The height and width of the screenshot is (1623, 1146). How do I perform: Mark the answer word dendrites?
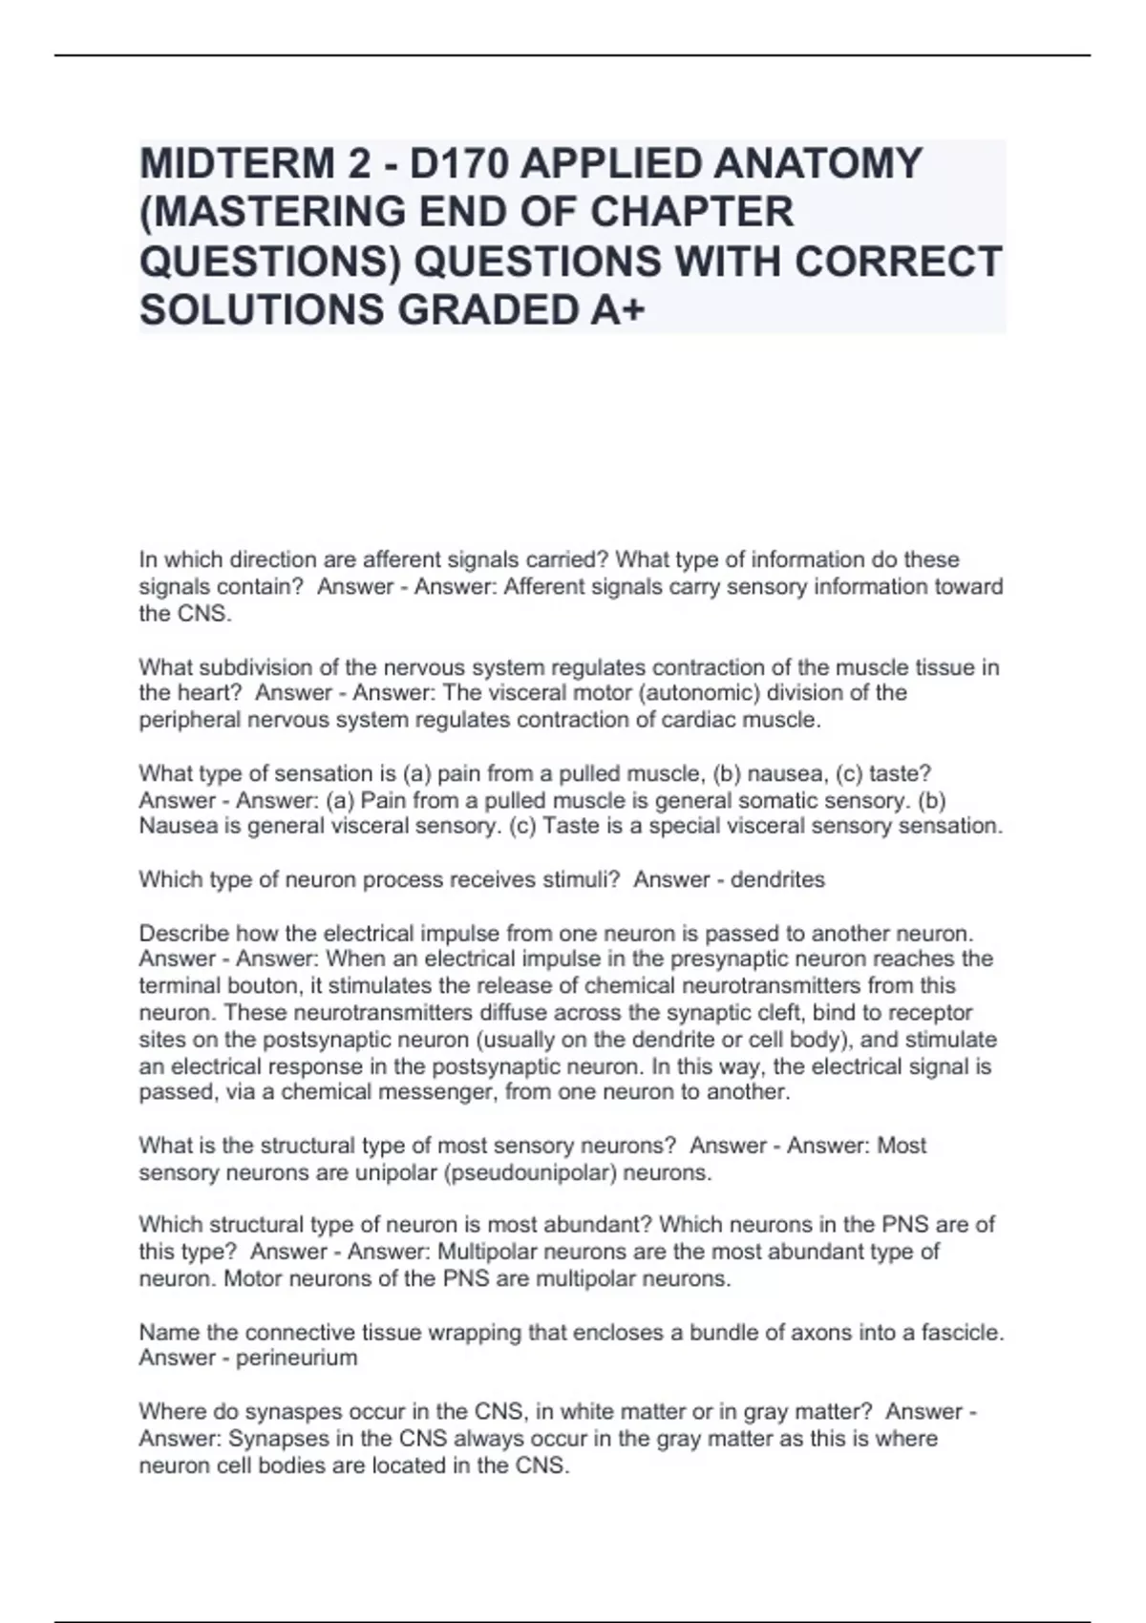pos(777,879)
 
